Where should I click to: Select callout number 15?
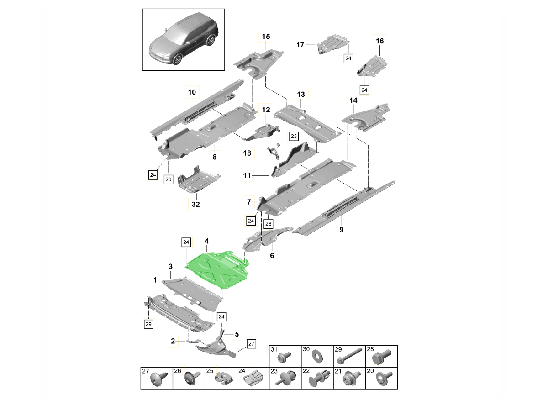(x=266, y=36)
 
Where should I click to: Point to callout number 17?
(x=300, y=45)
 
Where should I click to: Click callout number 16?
(x=380, y=41)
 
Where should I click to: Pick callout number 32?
(x=195, y=205)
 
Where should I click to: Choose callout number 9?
(x=341, y=230)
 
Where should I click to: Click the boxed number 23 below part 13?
(x=293, y=136)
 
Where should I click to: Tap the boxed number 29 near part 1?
(x=148, y=324)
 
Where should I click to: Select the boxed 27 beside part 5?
(x=252, y=343)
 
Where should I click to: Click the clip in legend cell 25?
(x=223, y=377)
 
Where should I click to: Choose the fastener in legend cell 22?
(x=319, y=378)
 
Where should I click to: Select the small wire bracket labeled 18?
(x=275, y=151)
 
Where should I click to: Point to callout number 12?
(x=266, y=110)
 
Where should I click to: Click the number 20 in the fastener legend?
(x=370, y=371)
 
